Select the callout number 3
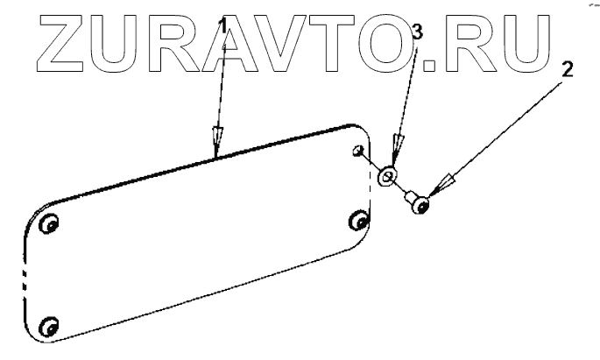tap(418, 33)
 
